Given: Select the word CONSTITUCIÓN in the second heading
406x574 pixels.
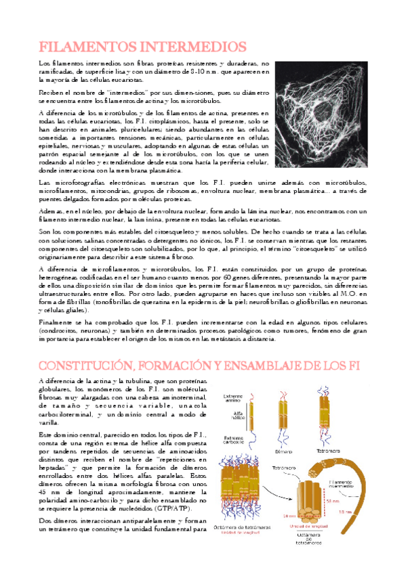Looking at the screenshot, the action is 85,366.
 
